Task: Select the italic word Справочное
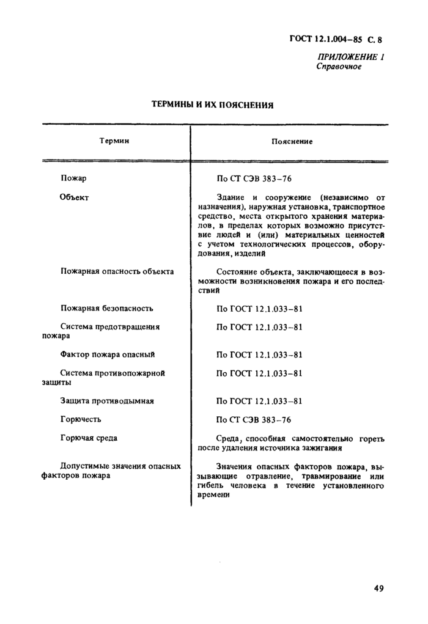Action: click(x=339, y=67)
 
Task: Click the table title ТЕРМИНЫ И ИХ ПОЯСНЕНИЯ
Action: click(x=212, y=105)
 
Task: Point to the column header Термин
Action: click(x=114, y=141)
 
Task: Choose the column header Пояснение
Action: click(x=292, y=141)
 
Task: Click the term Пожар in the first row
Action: click(x=73, y=178)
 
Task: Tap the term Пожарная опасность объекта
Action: click(x=117, y=271)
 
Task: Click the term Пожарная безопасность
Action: click(x=107, y=308)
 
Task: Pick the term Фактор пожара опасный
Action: click(x=108, y=354)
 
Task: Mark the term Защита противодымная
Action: click(x=107, y=401)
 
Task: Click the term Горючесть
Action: click(x=81, y=419)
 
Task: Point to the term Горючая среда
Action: click(x=89, y=438)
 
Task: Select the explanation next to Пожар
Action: click(x=254, y=179)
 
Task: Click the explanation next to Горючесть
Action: click(x=254, y=420)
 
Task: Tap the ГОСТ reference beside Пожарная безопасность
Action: click(x=260, y=309)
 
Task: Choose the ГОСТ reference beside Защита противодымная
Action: click(x=260, y=402)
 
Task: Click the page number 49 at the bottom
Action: click(x=378, y=589)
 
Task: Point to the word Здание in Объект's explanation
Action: click(x=231, y=197)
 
